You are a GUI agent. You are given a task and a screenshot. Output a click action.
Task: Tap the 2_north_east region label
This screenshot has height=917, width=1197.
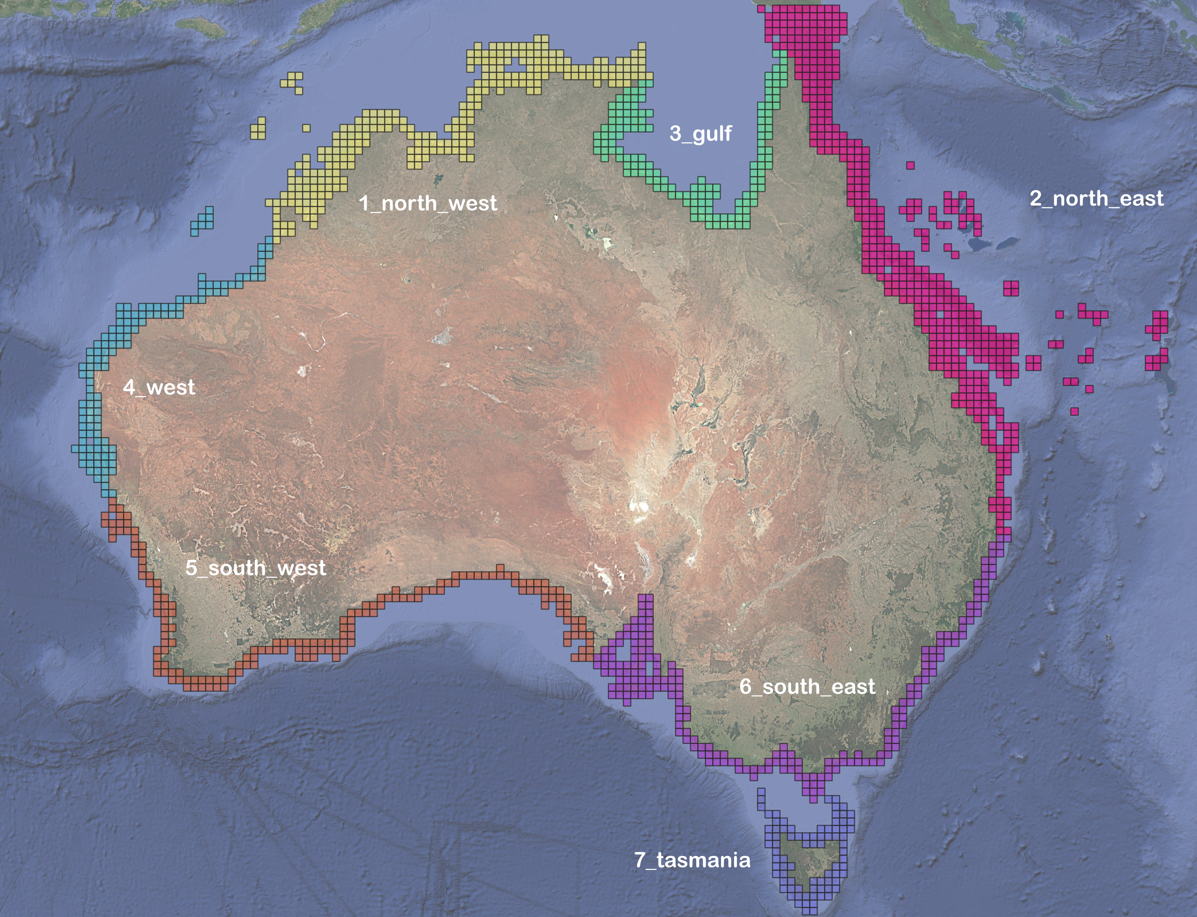tap(1096, 198)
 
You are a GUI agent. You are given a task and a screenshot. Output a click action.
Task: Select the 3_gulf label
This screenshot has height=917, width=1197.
tap(700, 133)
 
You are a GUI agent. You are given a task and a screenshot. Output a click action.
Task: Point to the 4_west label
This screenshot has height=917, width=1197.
tap(159, 387)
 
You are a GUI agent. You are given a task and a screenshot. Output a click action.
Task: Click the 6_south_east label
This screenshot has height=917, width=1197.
tap(807, 686)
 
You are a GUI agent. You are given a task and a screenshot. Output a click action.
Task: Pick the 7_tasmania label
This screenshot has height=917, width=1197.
tap(692, 860)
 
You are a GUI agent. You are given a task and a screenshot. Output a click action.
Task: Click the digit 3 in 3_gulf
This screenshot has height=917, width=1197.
tap(676, 133)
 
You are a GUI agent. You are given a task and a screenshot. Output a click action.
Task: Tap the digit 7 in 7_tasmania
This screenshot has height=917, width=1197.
tap(640, 860)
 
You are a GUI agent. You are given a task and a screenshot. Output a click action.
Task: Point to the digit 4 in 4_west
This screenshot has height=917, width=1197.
tap(129, 387)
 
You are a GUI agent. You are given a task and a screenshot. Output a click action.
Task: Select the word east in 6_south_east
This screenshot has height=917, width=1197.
tap(854, 686)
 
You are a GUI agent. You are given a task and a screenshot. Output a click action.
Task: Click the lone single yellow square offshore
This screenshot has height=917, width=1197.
tap(306, 128)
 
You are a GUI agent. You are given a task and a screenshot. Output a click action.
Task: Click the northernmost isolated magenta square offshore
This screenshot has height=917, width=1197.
tap(910, 165)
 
